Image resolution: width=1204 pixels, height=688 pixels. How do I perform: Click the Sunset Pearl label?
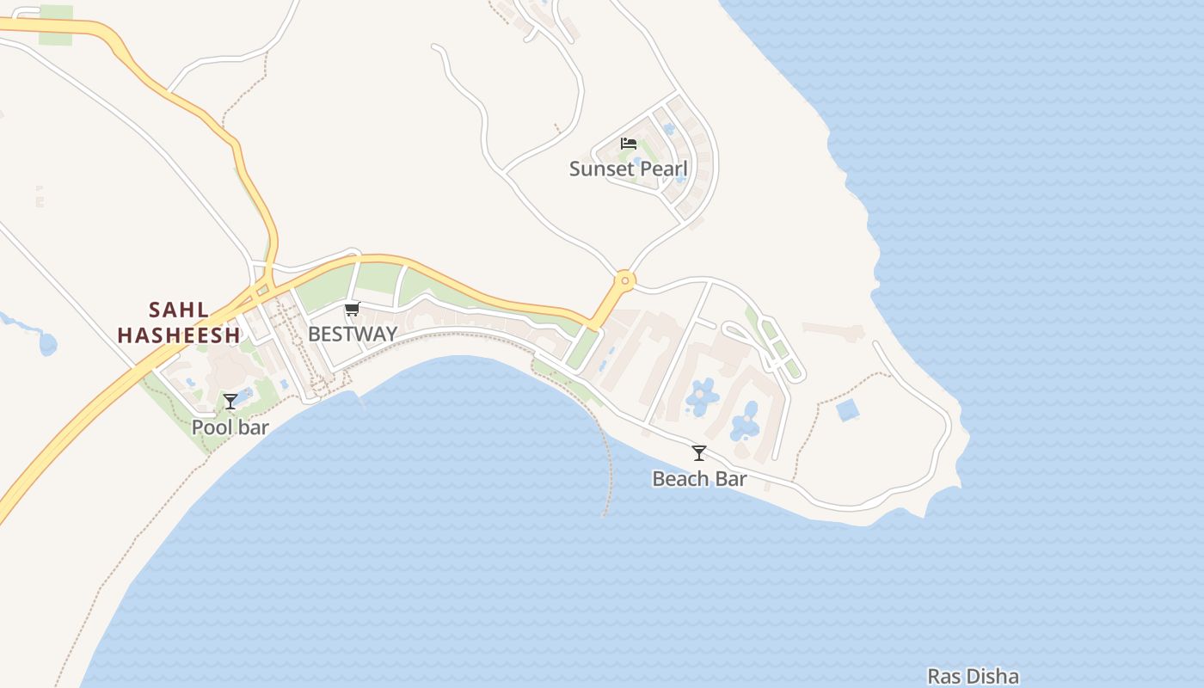point(629,169)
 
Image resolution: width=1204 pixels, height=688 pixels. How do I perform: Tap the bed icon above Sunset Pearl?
point(629,144)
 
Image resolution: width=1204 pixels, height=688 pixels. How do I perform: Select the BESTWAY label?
point(353,334)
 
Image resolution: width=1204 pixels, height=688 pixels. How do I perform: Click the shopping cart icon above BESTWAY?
point(352,310)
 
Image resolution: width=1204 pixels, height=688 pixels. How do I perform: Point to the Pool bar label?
point(230,427)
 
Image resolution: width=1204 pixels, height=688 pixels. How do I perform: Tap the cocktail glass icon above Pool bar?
point(230,401)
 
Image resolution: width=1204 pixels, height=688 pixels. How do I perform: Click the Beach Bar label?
point(699,479)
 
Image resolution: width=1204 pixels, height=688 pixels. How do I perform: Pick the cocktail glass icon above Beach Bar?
point(699,453)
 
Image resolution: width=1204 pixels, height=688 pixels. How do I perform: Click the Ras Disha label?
point(973,677)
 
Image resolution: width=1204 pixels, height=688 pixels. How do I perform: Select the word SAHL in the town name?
point(179,310)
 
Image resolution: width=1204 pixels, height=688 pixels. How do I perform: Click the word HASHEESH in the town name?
point(179,335)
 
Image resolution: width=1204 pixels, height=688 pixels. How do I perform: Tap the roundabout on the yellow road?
point(624,279)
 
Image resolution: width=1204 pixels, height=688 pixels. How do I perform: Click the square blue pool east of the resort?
point(848,410)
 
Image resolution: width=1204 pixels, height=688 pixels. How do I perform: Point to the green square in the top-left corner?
point(56,14)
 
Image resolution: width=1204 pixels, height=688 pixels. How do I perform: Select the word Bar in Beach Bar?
point(731,479)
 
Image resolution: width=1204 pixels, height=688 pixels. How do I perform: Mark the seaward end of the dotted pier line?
point(605,515)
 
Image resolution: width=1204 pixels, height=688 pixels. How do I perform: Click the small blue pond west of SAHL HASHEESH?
point(48,345)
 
